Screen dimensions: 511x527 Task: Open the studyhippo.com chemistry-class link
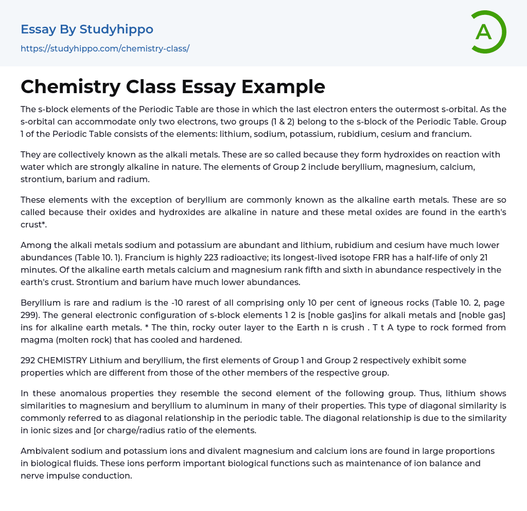click(x=105, y=48)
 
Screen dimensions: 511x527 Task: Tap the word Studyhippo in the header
click(x=116, y=29)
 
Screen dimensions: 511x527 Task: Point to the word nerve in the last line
click(x=32, y=475)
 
